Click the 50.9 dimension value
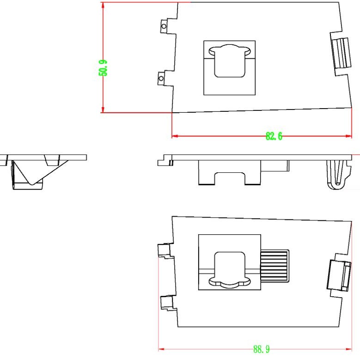(x=103, y=68)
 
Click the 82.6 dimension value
(x=274, y=136)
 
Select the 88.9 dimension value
(x=261, y=349)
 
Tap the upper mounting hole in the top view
(x=164, y=26)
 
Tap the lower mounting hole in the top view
(x=161, y=79)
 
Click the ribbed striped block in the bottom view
(x=275, y=266)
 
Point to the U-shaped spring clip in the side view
(x=337, y=175)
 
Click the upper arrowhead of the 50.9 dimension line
(x=103, y=6)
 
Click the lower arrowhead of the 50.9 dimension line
(x=103, y=109)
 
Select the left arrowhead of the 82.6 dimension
(x=175, y=136)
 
